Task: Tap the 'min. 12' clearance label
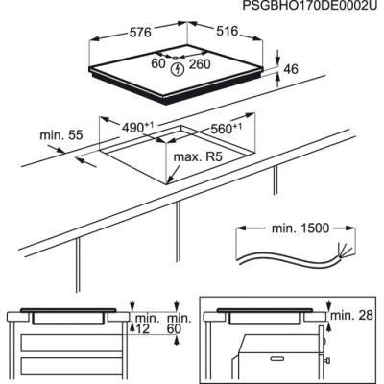144,324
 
